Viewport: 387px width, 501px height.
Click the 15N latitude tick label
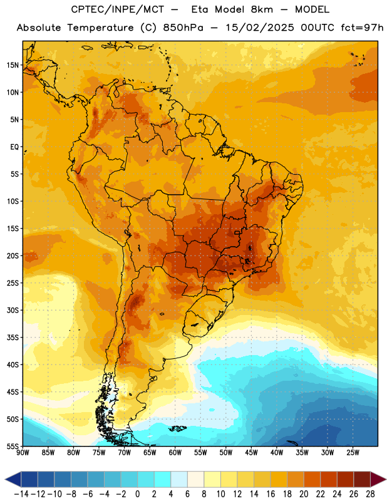13,65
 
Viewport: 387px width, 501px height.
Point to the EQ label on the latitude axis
14,147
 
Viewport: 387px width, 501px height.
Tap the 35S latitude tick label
13,338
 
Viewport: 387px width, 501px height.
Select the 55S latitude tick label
13,446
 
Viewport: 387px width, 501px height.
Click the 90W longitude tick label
23,453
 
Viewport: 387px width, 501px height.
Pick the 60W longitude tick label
175,453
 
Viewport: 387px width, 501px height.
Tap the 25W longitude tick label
353,453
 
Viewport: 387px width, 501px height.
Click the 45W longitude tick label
251,453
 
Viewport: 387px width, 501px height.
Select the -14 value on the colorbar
21,494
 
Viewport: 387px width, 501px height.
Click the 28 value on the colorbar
370,494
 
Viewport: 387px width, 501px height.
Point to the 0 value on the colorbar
137,494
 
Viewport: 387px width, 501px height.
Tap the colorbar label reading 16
271,494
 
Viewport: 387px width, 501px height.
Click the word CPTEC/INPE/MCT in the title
118,9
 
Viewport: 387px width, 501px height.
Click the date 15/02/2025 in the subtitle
260,28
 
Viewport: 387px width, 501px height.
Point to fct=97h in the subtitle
362,28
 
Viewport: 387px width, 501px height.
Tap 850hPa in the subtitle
183,28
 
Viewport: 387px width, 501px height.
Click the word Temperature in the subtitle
100,28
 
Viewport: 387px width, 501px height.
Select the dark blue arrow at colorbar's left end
13,480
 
